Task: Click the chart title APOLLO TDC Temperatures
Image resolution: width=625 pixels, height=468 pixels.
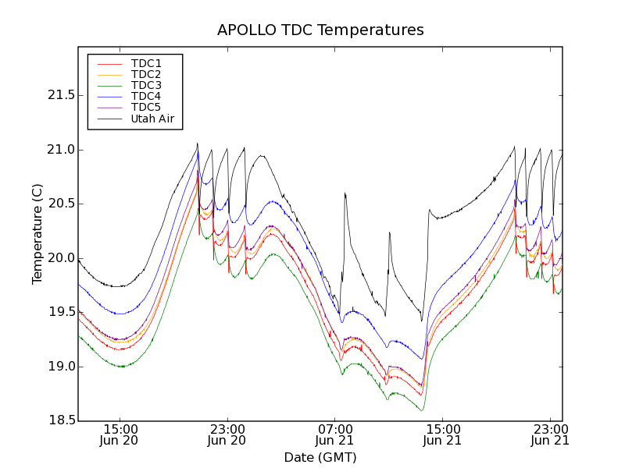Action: click(x=320, y=30)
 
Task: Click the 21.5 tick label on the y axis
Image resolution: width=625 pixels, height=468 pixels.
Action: click(x=61, y=95)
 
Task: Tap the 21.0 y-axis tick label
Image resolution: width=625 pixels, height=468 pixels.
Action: click(x=61, y=150)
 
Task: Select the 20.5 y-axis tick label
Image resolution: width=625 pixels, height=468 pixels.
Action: click(x=61, y=204)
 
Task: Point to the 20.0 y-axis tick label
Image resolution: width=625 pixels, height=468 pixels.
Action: click(x=61, y=258)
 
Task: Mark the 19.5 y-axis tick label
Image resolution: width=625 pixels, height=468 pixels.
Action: click(x=61, y=312)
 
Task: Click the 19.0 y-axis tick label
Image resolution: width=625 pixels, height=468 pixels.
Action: click(x=61, y=367)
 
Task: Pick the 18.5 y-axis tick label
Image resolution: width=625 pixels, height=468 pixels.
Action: click(x=61, y=420)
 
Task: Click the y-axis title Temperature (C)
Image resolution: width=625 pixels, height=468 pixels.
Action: click(x=37, y=234)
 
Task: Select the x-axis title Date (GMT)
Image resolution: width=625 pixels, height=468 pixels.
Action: click(x=320, y=457)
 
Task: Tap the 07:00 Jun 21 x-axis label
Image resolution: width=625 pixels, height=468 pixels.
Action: click(x=334, y=434)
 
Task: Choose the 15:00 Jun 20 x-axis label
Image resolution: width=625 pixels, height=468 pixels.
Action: click(x=120, y=434)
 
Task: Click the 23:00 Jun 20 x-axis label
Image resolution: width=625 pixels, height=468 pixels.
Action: click(x=227, y=434)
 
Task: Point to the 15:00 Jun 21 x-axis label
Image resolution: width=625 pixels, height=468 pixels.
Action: click(x=442, y=434)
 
